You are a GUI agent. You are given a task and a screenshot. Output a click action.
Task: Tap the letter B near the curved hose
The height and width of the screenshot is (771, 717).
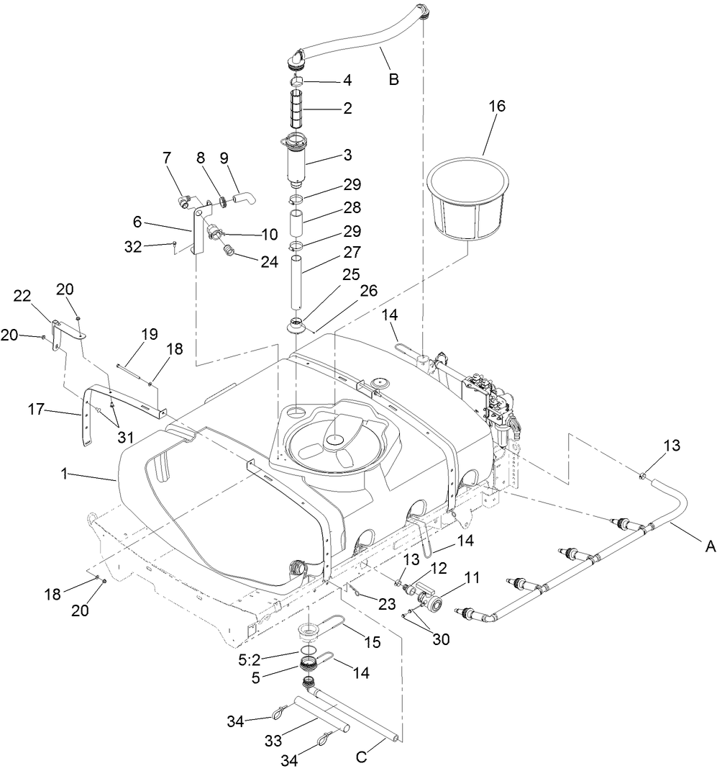(x=393, y=79)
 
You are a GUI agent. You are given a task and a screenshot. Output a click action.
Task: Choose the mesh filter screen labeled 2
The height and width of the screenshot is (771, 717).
(x=301, y=108)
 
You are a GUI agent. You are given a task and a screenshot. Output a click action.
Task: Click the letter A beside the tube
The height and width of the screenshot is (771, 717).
(x=710, y=547)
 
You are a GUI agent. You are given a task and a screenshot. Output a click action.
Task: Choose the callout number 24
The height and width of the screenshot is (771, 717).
(x=269, y=262)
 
